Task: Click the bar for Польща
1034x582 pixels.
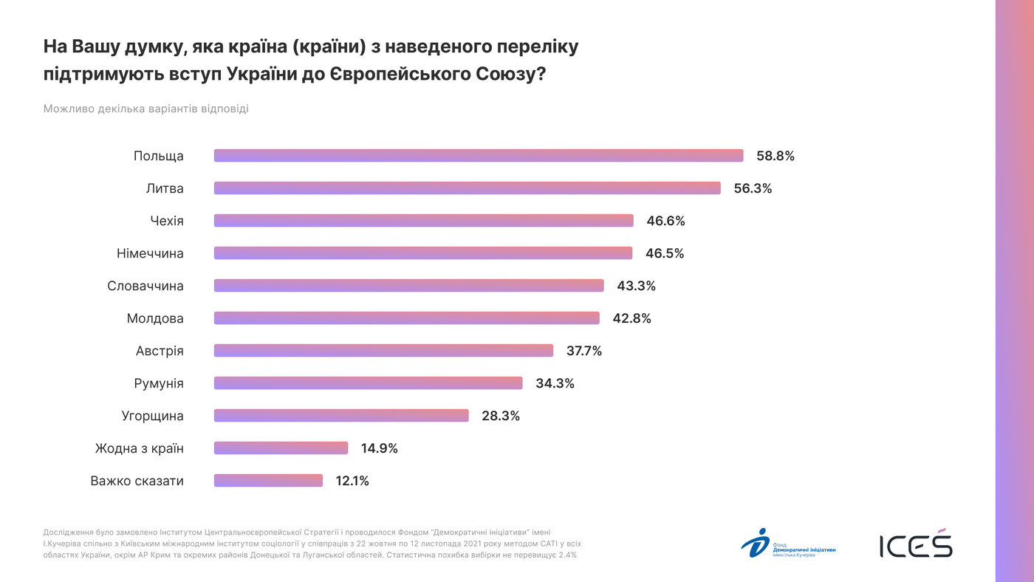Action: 479,156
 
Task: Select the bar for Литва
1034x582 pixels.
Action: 468,188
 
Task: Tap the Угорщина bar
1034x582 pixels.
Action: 341,416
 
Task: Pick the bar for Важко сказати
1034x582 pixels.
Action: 268,481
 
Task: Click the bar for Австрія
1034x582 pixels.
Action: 383,351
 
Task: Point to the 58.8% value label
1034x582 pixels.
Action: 775,156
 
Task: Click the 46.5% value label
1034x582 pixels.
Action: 665,253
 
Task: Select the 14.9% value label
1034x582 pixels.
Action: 380,448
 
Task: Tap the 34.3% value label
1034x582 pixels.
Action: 555,383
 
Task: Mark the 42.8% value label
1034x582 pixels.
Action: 631,318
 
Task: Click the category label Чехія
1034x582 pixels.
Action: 166,221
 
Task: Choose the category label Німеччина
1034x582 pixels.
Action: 150,253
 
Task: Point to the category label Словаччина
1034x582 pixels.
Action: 145,286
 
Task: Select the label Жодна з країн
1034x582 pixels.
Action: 140,448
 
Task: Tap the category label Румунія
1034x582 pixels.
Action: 159,383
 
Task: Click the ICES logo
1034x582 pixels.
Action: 916,544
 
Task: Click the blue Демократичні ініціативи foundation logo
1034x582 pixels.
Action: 788,544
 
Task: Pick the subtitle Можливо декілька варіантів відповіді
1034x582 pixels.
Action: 145,109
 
